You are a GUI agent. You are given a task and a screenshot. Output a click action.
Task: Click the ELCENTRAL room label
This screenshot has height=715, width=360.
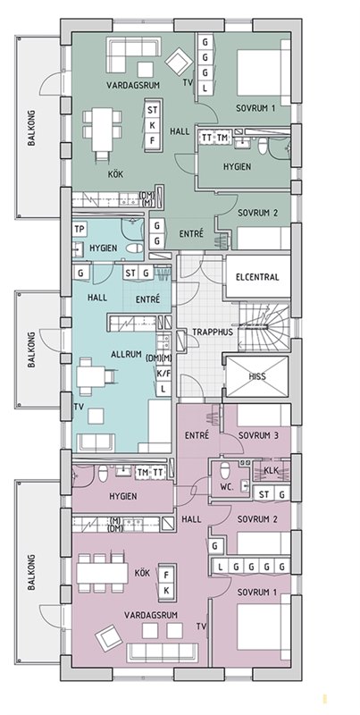[257, 277]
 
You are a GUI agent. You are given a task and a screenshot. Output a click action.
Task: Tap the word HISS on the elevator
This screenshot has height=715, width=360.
[257, 377]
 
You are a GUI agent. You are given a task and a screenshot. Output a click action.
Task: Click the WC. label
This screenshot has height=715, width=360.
[227, 487]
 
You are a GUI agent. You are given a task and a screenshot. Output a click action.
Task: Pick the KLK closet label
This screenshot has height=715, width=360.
[272, 471]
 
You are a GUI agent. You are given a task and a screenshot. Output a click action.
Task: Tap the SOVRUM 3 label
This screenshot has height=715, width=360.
[258, 435]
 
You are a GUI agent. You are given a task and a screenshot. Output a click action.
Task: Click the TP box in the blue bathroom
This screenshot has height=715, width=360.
[79, 230]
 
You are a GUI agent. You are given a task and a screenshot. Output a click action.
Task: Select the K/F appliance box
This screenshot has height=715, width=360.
[163, 374]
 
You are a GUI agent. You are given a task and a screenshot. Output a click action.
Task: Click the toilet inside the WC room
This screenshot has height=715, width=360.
[224, 469]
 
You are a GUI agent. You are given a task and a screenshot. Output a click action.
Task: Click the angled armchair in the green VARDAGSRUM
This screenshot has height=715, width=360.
[179, 63]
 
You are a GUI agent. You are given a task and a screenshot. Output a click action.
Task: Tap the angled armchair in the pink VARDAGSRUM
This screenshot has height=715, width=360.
[108, 637]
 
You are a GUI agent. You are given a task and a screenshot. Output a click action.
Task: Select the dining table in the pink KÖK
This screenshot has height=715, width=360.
[102, 573]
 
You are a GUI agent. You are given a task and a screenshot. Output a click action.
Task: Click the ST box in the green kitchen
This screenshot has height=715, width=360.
[153, 110]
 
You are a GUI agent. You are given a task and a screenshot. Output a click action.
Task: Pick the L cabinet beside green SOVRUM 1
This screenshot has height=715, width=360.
[205, 88]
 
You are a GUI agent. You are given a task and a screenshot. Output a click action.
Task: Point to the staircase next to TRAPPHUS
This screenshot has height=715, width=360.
[264, 327]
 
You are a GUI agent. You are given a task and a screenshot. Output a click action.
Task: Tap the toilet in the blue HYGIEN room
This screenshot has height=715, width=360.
[133, 248]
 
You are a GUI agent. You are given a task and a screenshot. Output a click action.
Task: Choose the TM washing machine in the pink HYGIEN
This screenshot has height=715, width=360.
[143, 473]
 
